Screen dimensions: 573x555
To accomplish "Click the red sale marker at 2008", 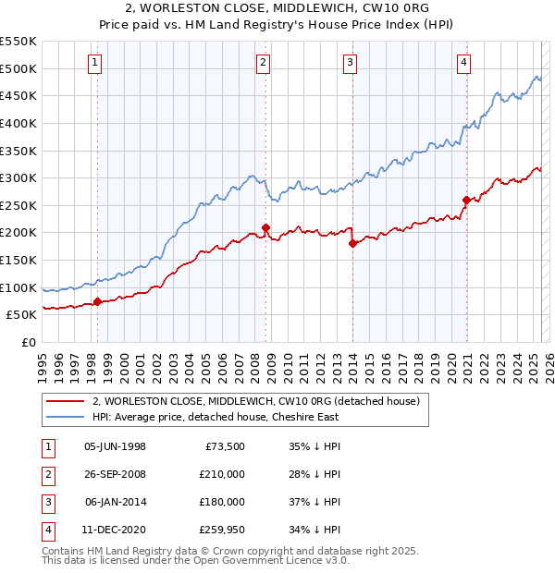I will (265, 227).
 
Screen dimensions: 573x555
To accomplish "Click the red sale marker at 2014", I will (352, 244).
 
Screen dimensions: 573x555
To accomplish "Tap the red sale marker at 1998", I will (97, 301).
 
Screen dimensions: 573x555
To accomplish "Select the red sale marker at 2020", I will (466, 200).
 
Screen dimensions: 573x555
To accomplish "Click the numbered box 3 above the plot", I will (351, 63).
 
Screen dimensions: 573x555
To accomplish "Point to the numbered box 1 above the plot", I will (96, 63).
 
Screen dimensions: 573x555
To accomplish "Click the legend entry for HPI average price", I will (216, 417).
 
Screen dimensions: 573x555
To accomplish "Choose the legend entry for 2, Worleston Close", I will (256, 401).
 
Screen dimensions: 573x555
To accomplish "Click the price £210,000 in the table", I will (222, 474).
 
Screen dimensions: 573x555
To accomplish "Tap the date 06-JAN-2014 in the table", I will (115, 502).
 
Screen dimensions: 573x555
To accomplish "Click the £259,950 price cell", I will (222, 530).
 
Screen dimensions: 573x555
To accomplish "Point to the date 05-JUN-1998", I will (115, 446).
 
